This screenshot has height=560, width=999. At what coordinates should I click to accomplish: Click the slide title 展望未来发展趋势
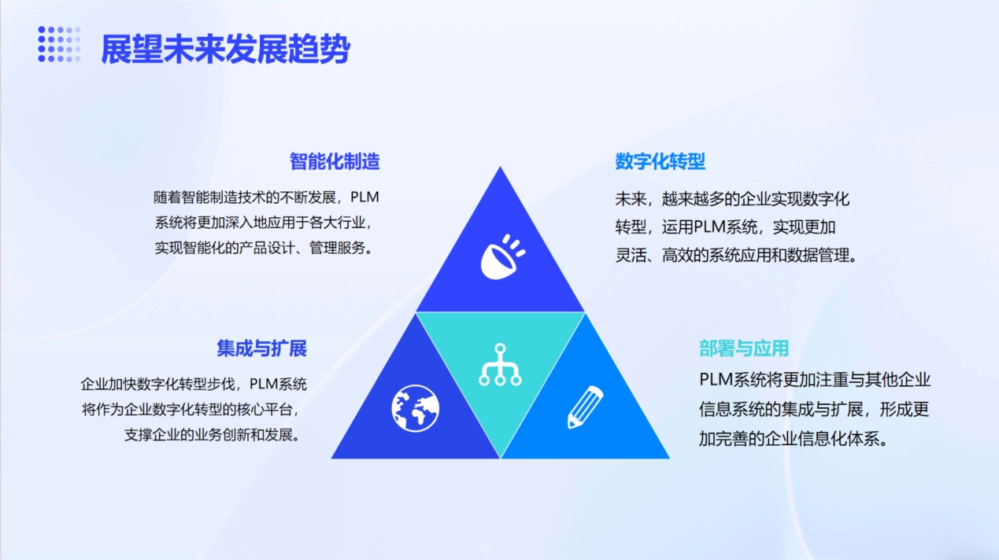pos(225,49)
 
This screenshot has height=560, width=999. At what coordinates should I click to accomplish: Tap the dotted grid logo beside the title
pos(59,44)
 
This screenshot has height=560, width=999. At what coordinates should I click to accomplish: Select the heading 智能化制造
pos(335,161)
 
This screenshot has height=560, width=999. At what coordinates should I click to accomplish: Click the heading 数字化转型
pos(660,161)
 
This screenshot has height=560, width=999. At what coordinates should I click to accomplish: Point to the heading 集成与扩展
pos(262,348)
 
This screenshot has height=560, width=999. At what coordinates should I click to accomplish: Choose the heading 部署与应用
pos(744,348)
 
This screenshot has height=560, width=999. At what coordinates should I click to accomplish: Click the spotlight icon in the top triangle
pos(502,257)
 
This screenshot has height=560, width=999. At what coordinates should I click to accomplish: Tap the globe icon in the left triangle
pos(415,408)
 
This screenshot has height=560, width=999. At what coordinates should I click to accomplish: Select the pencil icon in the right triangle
pos(585,407)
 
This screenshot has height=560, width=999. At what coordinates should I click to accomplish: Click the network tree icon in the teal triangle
pos(500,364)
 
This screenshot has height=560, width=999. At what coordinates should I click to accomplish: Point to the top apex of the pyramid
pos(500,167)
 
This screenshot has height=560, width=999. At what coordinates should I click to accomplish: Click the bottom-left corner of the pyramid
pos(331,458)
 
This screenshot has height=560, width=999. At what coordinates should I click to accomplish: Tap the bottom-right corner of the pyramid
pos(669,458)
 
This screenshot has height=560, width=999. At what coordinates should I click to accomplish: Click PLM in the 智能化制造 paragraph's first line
pos(364,197)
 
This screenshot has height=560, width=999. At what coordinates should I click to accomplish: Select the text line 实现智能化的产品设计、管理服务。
pos(264,248)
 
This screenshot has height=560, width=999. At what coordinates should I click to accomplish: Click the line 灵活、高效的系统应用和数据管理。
pos(736,256)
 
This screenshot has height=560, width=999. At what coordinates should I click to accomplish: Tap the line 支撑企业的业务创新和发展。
pos(213,435)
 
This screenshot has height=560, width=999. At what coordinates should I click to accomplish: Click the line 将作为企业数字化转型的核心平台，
pos(190,410)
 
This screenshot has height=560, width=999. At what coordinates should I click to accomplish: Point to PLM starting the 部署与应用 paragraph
pos(716,380)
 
